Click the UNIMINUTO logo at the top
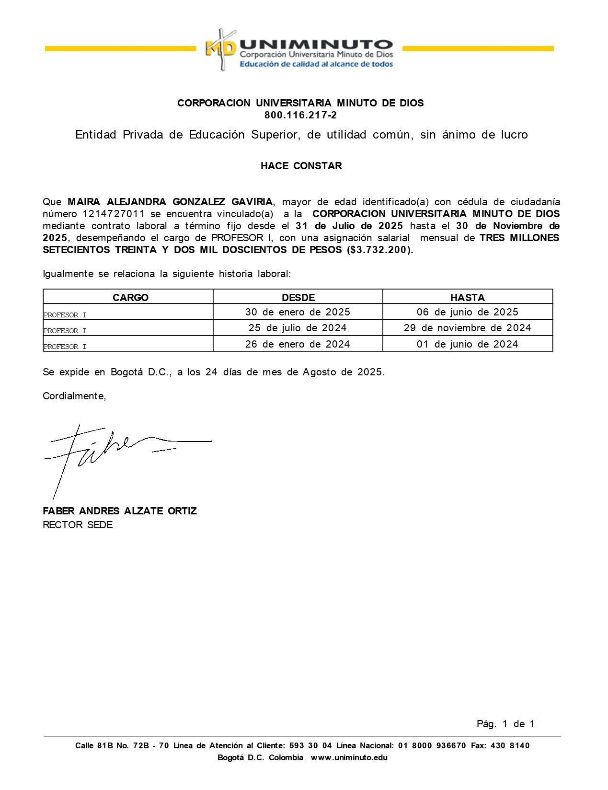click(299, 50)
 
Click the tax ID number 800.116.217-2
click(300, 115)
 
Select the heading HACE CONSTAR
click(301, 166)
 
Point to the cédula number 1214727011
click(113, 214)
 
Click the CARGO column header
click(130, 297)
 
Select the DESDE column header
click(298, 297)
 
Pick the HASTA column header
click(467, 297)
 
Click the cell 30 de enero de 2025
click(298, 312)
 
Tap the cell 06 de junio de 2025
click(467, 312)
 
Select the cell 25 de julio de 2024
click(298, 328)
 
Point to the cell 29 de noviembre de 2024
click(467, 328)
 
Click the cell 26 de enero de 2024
click(298, 344)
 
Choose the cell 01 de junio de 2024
click(467, 344)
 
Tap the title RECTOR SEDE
click(78, 525)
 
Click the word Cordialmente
click(74, 396)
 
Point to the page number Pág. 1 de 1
click(505, 724)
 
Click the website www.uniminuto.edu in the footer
click(349, 758)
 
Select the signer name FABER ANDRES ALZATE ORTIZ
click(120, 511)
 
